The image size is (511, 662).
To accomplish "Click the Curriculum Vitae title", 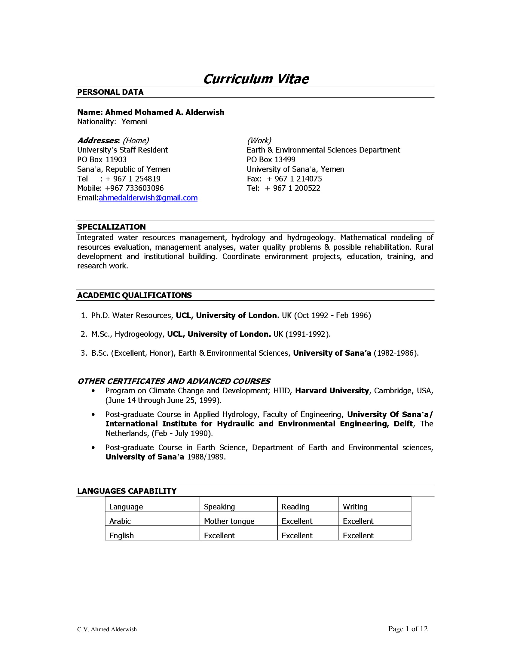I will pos(256,79).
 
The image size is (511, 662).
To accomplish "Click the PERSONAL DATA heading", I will pos(110,92).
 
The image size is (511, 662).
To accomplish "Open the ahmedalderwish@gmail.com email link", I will pos(148,198).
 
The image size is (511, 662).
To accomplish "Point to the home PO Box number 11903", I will pos(116,160).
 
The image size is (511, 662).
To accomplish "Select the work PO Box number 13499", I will pos(285,160).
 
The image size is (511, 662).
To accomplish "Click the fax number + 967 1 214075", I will pos(294,179).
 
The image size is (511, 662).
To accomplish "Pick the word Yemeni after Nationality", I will pos(134,122).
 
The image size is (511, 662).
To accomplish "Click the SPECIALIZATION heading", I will pos(112,227).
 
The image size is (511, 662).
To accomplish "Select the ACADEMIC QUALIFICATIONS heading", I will pos(134,295).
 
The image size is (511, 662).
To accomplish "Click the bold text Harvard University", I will pos(332,391).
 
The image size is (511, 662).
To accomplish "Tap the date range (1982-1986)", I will pos(396,353).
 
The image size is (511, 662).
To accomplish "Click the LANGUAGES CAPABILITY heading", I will pos(127,491).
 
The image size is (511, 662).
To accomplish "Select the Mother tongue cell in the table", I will pos(229,521).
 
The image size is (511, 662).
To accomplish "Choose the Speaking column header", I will pos(219,507).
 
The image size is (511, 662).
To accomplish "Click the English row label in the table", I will pos(121,536).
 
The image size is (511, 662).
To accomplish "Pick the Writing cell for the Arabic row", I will pos(358,521).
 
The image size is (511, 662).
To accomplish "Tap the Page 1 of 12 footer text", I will pos(408,629).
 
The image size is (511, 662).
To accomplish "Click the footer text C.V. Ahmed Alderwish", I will pos(107,630).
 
